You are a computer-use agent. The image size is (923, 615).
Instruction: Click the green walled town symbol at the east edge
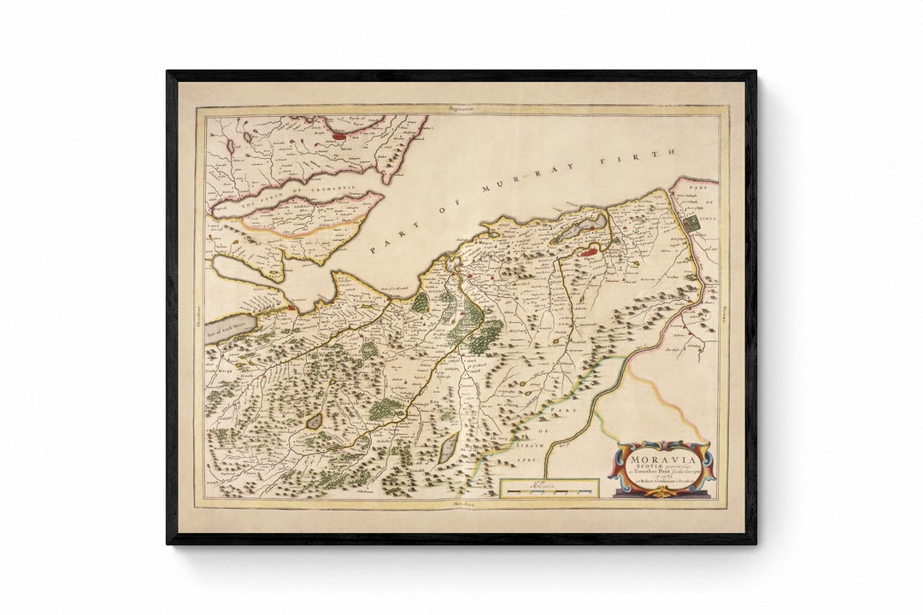pos(691,223)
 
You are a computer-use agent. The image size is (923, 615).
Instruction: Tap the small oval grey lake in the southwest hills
pos(315,421)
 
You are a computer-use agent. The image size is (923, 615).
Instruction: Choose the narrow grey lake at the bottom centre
pos(448,448)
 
